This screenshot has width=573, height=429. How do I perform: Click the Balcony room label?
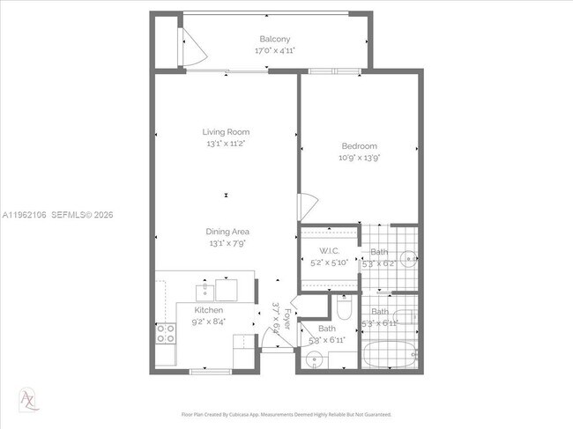275,39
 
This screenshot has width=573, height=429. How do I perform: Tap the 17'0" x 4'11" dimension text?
275,50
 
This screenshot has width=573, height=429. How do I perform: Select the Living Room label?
226,131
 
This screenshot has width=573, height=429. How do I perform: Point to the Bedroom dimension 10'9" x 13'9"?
359,158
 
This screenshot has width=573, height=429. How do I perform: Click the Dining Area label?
226,231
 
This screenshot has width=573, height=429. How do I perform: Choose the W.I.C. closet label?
329,251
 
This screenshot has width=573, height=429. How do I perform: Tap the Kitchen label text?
209,310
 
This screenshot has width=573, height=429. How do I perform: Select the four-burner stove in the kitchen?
165,333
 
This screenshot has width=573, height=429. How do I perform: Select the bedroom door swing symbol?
305,207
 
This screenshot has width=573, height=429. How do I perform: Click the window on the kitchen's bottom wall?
212,371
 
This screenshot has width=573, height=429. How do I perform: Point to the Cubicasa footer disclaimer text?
287,414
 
